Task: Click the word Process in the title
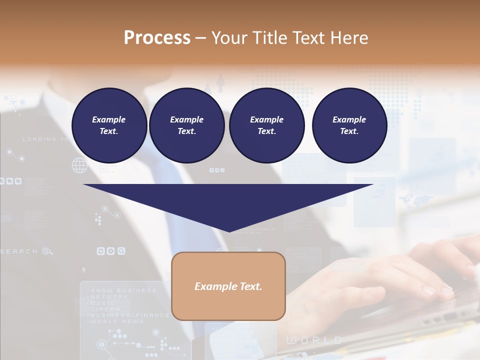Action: tap(157, 38)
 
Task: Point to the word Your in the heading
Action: tap(229, 38)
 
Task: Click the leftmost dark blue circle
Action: tap(109, 125)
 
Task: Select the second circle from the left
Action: tap(186, 125)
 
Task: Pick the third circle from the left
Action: tap(266, 125)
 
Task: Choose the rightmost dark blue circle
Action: tap(349, 125)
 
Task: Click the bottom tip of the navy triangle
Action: tap(229, 230)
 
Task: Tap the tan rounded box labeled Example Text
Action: tap(228, 286)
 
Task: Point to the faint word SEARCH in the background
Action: tap(19, 251)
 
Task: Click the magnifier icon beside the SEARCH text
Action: tap(47, 251)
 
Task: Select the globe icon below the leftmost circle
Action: tap(79, 165)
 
